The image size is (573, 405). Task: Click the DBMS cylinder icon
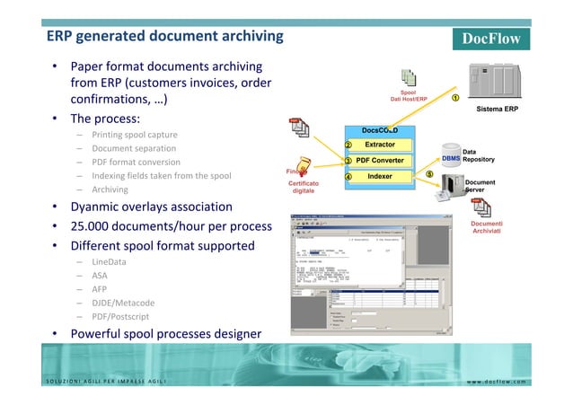tap(451, 159)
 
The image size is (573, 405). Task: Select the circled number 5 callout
tap(429, 174)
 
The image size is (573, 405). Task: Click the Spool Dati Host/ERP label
tap(408, 96)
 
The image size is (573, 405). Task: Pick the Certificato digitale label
tap(302, 187)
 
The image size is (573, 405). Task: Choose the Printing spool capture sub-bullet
tap(134, 135)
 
